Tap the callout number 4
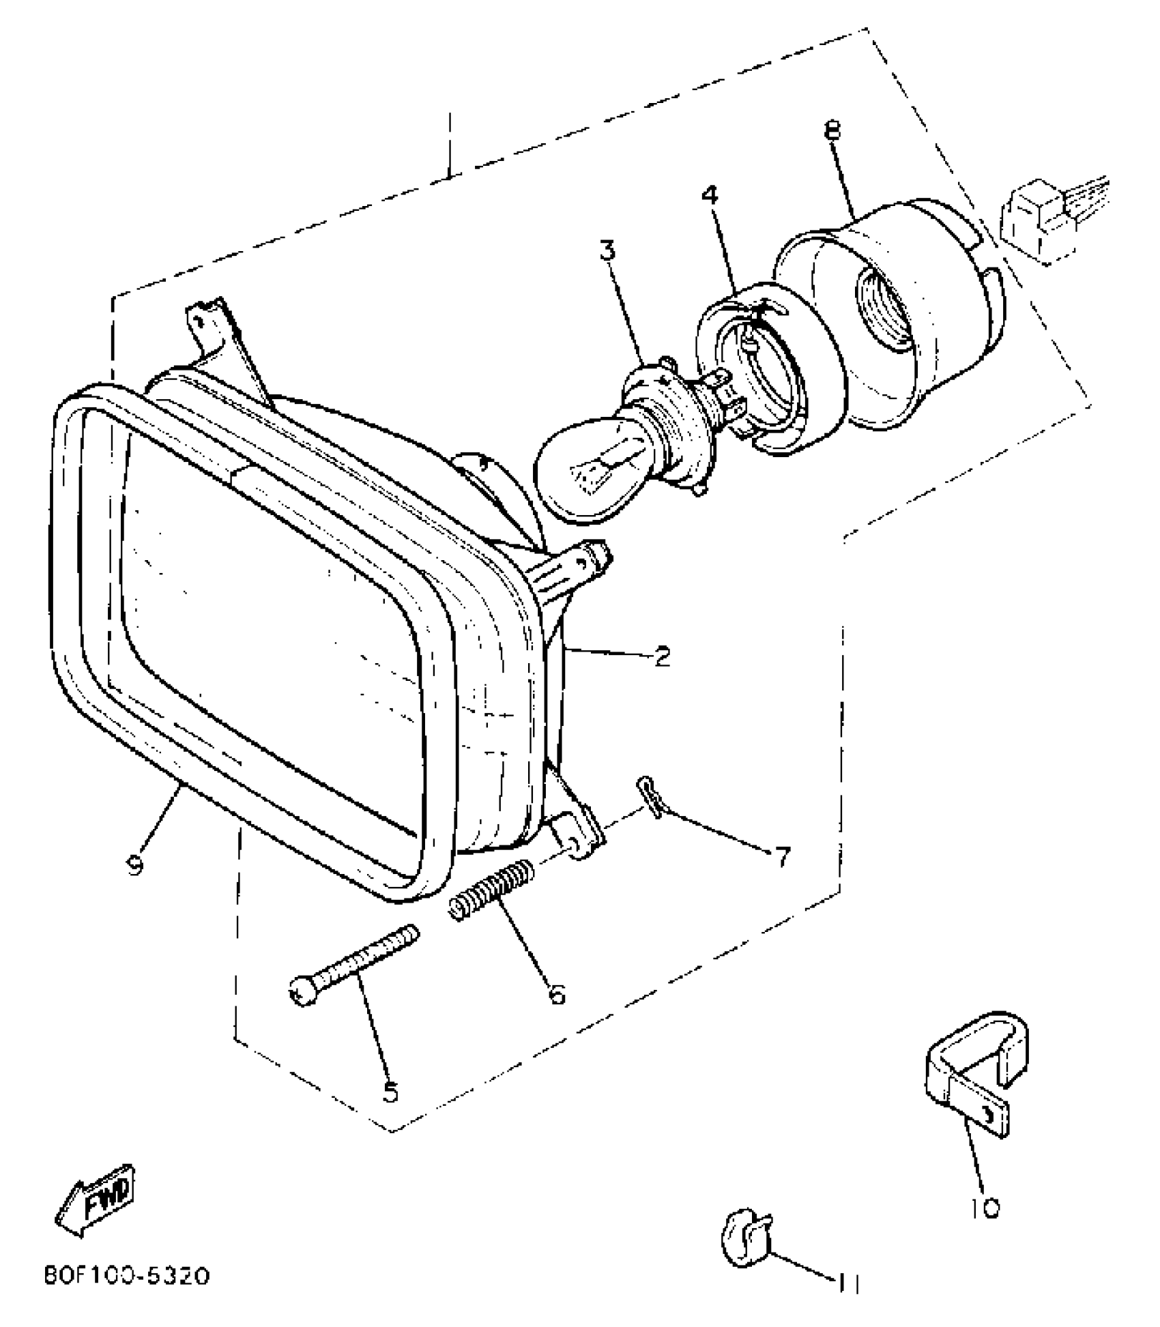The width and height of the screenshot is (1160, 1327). point(710,196)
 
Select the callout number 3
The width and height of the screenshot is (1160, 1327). point(607,250)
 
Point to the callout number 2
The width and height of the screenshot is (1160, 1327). point(661,656)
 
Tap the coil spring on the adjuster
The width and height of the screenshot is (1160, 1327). point(491,890)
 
